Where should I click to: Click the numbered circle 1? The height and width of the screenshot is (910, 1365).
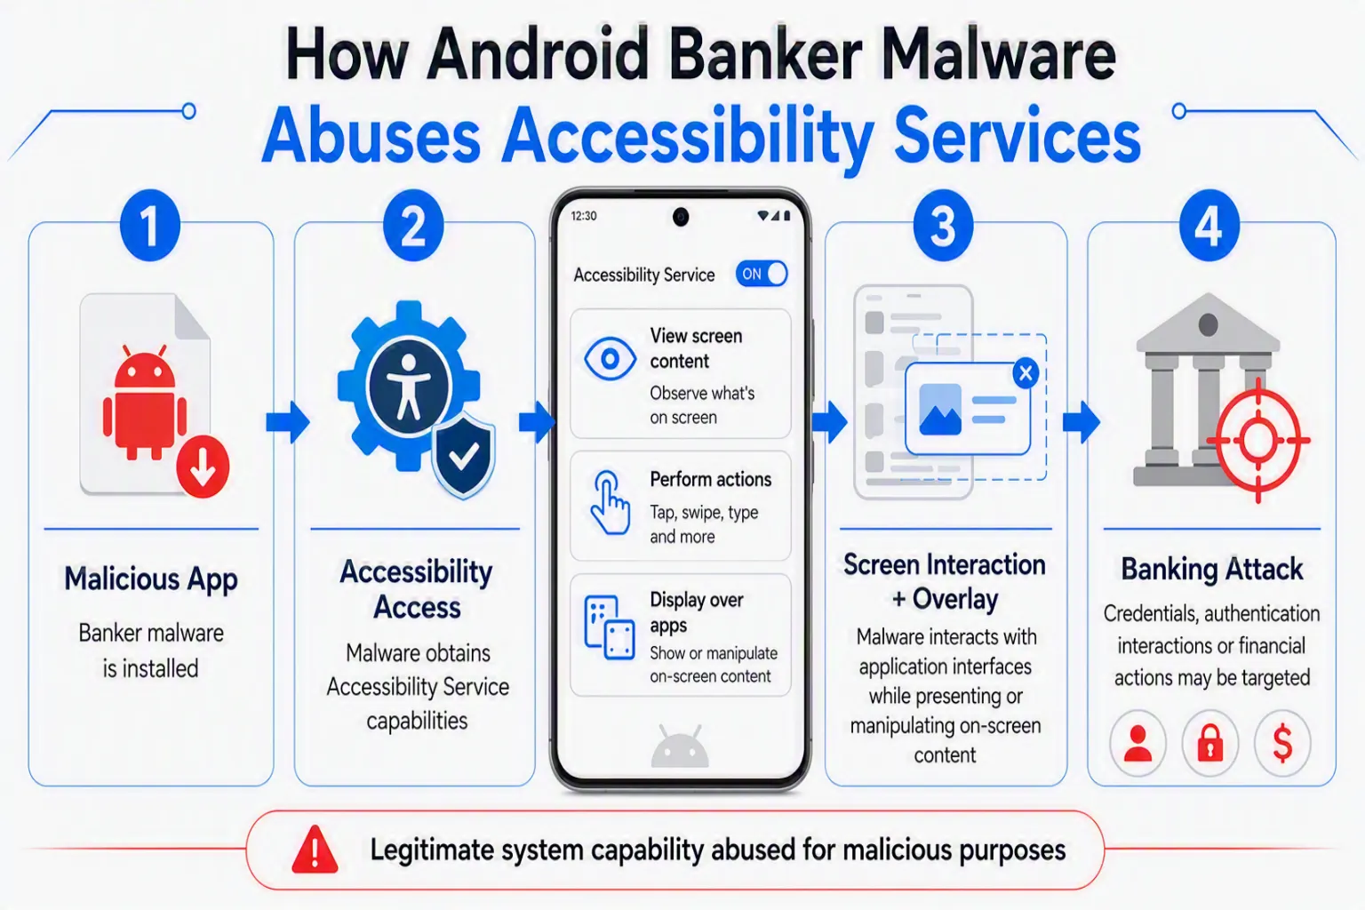150,226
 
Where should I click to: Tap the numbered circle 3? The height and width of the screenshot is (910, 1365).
943,226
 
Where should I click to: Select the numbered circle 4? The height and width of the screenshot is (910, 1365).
1209,226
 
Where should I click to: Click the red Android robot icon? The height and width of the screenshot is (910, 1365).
145,403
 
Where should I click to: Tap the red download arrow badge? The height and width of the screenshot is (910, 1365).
203,467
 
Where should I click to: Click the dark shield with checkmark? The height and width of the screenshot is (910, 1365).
463,455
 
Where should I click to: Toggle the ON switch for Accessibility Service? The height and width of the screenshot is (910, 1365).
761,274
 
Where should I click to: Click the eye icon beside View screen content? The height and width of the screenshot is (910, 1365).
610,358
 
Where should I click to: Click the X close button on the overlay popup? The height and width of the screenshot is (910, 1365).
1026,372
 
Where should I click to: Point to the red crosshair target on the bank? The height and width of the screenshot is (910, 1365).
1258,440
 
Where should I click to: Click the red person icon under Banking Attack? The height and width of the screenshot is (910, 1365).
1137,743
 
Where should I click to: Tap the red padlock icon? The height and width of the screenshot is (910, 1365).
1210,743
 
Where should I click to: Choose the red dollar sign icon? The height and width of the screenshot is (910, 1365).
1282,743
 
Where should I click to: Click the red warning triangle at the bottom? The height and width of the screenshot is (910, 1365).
315,850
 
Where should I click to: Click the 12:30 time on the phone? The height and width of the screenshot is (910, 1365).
584,216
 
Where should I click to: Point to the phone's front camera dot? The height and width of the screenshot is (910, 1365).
681,216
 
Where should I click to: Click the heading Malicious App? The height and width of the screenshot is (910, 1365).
150,579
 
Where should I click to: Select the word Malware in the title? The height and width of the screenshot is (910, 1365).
998,55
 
